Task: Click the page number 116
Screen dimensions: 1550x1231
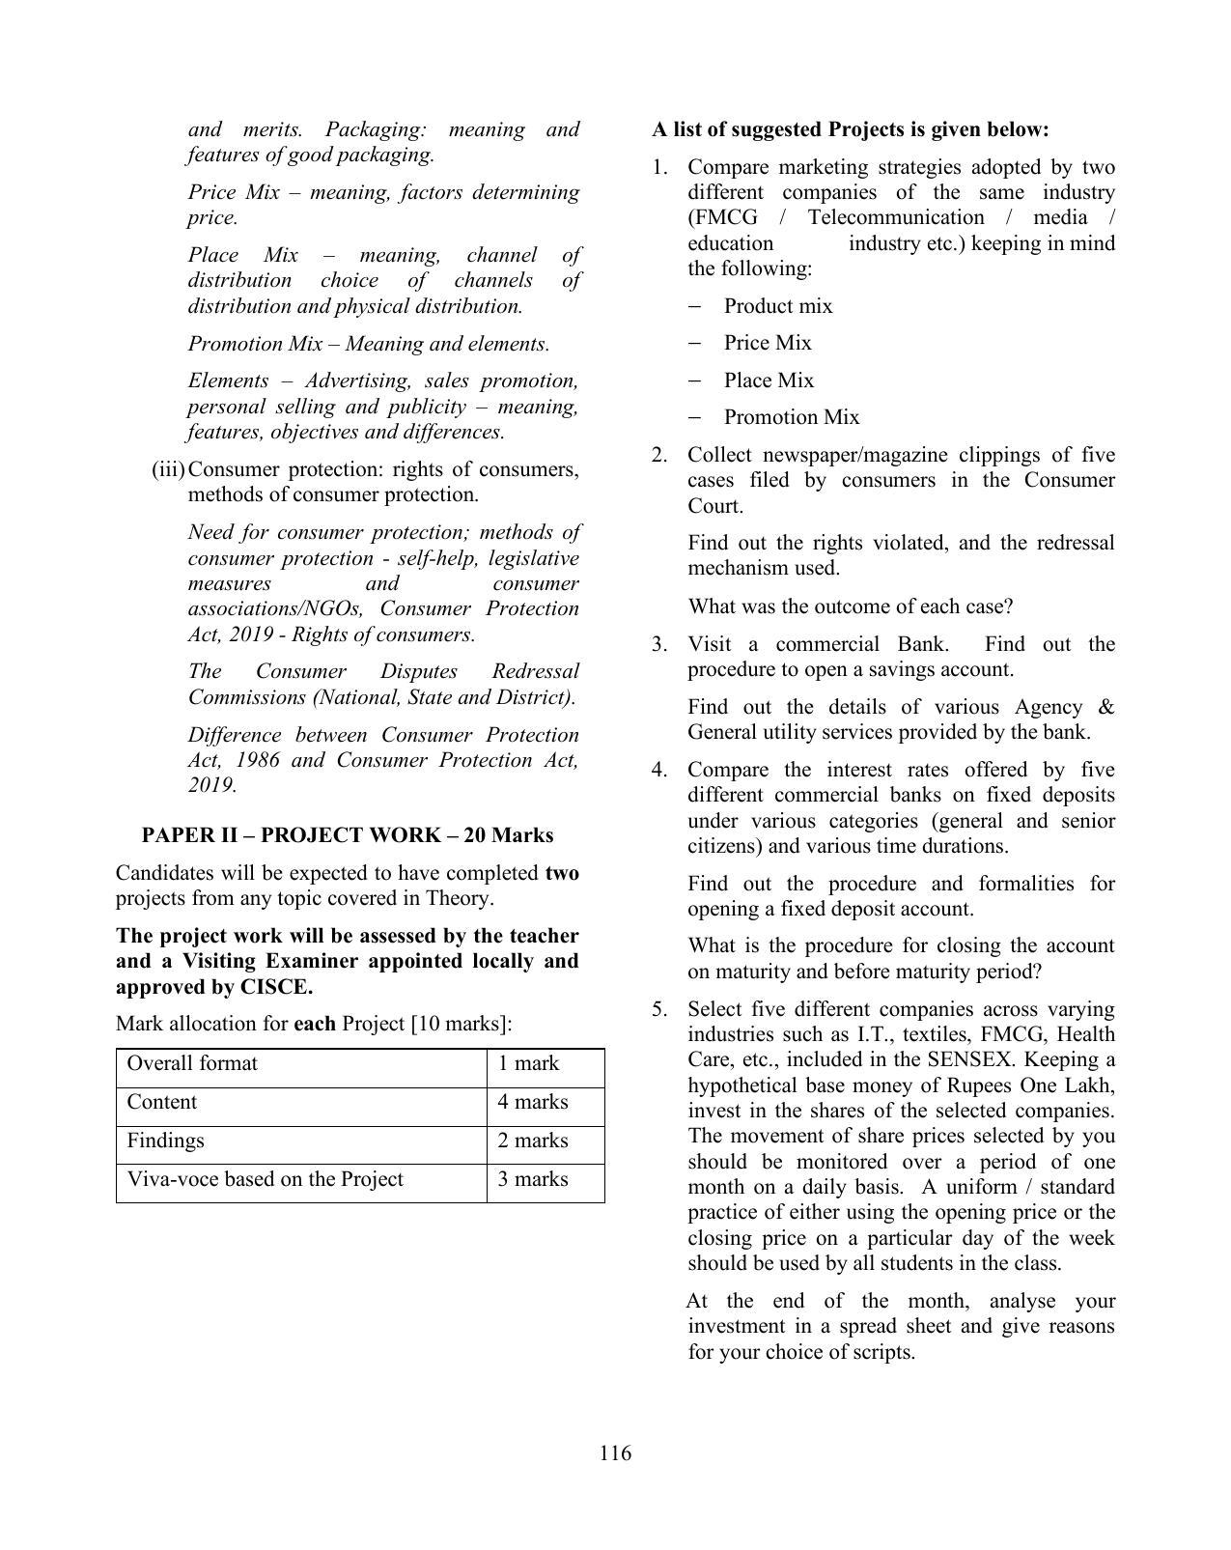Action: pos(615,1452)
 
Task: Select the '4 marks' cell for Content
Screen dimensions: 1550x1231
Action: pos(532,1102)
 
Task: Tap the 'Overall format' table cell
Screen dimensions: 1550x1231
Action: pos(192,1063)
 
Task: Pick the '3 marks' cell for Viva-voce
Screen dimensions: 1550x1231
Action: pos(532,1179)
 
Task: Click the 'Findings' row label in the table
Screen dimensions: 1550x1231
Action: pos(165,1141)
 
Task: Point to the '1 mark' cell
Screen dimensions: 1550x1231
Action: pos(528,1063)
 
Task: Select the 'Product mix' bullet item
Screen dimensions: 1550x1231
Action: pos(777,306)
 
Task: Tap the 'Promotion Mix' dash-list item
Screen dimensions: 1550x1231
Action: pos(791,417)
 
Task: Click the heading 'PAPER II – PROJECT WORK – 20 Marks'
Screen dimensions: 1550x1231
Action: pos(348,835)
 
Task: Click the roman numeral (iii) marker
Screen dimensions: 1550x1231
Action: pos(168,469)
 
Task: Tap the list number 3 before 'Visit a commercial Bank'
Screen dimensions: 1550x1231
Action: pos(658,644)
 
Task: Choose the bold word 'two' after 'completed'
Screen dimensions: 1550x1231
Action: pos(562,873)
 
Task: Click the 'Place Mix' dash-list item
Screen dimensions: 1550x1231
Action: pos(769,380)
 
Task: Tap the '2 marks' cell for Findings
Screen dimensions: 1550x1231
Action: pos(532,1141)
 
